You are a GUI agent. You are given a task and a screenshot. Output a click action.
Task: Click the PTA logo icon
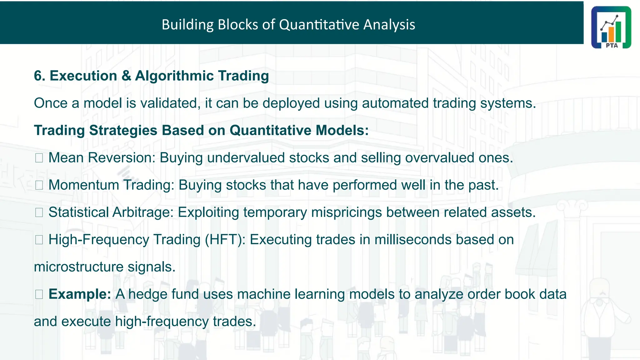[611, 27]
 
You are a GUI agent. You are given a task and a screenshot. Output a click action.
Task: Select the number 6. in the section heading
[39, 76]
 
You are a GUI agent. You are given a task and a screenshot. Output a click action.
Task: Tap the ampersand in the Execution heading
[126, 76]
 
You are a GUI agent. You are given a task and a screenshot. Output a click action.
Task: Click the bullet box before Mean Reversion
[39, 158]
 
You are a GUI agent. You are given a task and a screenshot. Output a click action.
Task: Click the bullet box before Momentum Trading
[39, 185]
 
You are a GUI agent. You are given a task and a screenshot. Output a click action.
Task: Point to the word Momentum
[84, 185]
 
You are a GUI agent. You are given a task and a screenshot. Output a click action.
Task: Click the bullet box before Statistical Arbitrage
[39, 213]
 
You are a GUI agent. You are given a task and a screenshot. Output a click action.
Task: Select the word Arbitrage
[143, 212]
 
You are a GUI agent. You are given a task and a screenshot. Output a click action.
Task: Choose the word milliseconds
[413, 240]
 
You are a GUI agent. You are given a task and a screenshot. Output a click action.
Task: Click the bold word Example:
[80, 294]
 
